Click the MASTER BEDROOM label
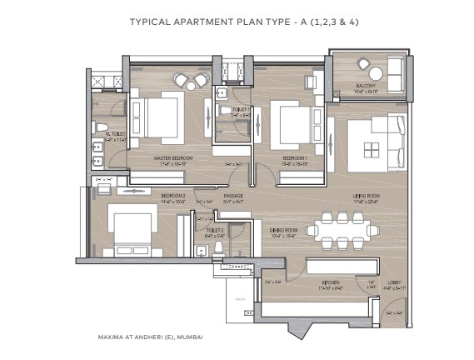pyautogui.click(x=173, y=157)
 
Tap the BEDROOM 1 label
pyautogui.click(x=296, y=157)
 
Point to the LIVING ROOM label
pyautogui.click(x=367, y=196)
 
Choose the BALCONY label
pyautogui.click(x=367, y=86)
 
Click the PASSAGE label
pyautogui.click(x=232, y=196)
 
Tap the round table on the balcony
pyautogui.click(x=363, y=64)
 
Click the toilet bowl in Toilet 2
pyautogui.click(x=217, y=247)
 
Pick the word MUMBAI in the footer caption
pyautogui.click(x=189, y=338)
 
